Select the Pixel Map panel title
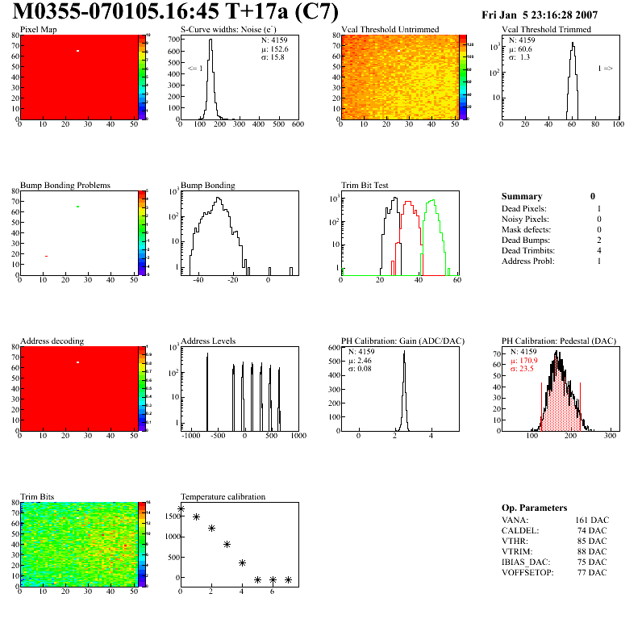click(38, 30)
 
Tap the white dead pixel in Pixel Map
click(78, 51)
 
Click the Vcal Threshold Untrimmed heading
click(390, 30)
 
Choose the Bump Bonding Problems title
click(65, 186)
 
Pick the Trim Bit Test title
click(365, 186)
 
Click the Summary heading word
click(522, 196)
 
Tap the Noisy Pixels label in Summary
click(524, 220)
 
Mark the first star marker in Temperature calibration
click(181, 508)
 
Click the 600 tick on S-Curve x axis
click(298, 124)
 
